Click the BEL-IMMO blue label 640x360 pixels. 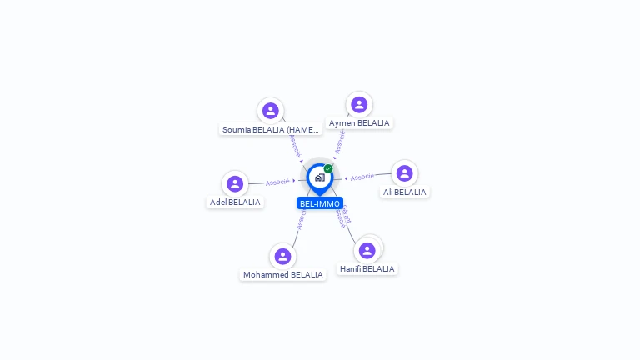pos(320,203)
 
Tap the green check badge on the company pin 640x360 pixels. pos(328,169)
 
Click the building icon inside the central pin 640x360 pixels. pos(319,177)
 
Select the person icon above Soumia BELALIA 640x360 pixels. pos(270,111)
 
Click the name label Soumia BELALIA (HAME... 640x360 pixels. pos(271,130)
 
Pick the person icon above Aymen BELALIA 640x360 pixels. pos(359,105)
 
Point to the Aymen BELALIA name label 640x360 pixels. pos(359,123)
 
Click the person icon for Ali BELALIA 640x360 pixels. pos(404,173)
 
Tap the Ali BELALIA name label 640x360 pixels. pos(404,192)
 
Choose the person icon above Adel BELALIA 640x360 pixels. pos(235,184)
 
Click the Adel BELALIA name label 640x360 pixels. pos(235,202)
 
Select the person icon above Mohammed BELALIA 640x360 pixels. pos(282,256)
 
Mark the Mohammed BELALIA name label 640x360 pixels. pos(282,275)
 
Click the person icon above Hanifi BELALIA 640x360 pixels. pos(367,250)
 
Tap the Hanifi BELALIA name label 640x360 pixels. pos(367,269)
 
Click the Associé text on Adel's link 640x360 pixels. pos(277,182)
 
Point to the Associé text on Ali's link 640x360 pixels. pos(362,177)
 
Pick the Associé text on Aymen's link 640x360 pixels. pos(340,141)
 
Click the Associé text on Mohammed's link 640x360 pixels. pos(301,218)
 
